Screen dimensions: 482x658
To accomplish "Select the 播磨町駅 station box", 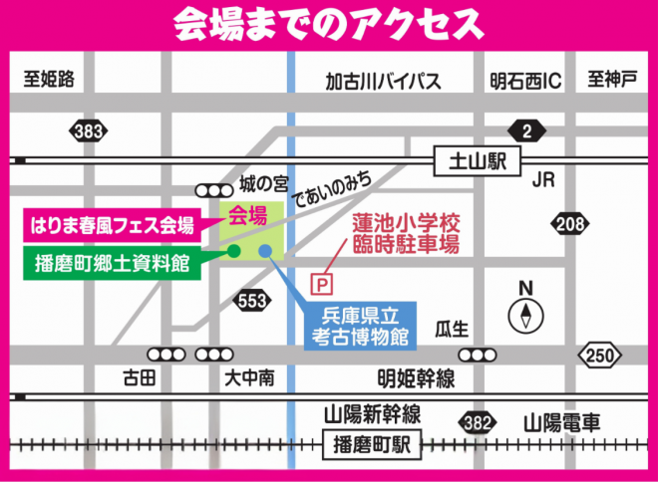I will [x=367, y=445].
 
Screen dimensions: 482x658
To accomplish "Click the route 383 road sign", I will [x=89, y=129].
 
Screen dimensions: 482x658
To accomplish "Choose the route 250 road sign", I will [x=597, y=355].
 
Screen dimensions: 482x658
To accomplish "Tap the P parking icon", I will [x=322, y=284].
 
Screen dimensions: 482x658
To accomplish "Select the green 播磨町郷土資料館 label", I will [x=113, y=262].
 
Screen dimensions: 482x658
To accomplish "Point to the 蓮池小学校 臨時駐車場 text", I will [x=410, y=236].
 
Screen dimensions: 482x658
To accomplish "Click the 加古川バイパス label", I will [x=383, y=82].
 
